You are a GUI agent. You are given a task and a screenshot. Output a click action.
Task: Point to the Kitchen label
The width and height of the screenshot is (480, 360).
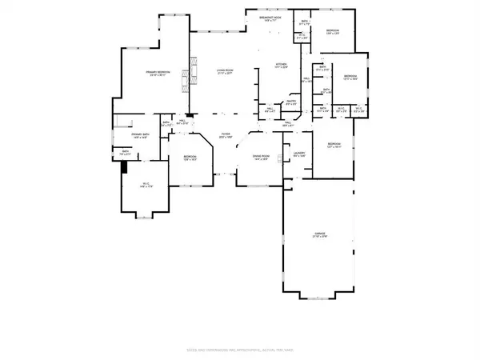click(x=281, y=66)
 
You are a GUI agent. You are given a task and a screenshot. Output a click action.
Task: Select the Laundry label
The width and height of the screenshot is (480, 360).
click(x=299, y=153)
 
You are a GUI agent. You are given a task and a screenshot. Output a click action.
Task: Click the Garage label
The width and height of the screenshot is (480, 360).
click(x=319, y=235)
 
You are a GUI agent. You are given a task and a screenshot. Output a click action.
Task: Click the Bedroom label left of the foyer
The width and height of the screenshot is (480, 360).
click(x=190, y=158)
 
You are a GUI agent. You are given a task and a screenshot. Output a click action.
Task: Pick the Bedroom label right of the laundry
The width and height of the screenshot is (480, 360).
click(x=334, y=146)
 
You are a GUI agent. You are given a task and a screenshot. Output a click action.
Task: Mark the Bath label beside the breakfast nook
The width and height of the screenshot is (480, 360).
click(x=305, y=23)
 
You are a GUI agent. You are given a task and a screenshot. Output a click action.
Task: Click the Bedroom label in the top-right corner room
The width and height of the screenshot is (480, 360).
click(x=334, y=32)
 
